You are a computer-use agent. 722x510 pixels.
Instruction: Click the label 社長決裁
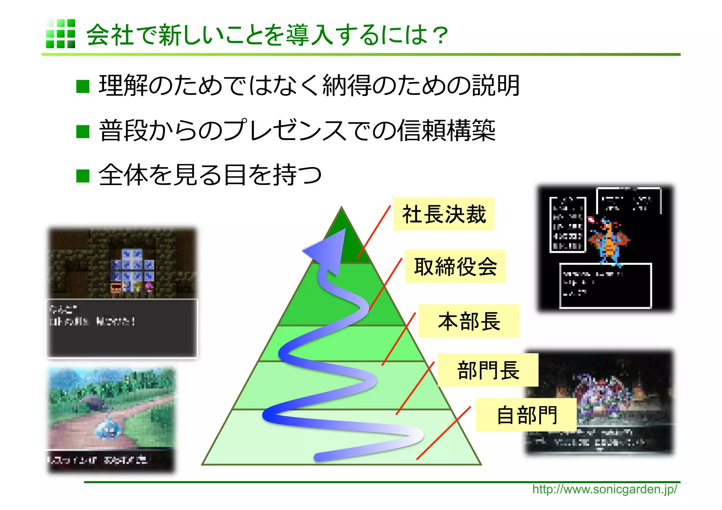click(x=443, y=214)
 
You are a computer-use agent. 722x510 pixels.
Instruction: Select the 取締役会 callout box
click(x=455, y=266)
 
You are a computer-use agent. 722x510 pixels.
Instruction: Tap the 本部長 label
click(x=469, y=321)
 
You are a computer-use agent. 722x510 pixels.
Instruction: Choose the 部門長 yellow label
click(x=488, y=370)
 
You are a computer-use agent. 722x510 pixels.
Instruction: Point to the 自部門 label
click(x=526, y=415)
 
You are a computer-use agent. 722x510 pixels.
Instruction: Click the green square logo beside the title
click(x=60, y=34)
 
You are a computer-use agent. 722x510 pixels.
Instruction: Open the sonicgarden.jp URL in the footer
click(x=604, y=489)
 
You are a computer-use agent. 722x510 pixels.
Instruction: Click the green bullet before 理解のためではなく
click(x=83, y=86)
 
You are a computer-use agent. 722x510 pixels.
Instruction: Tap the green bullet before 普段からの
click(x=83, y=131)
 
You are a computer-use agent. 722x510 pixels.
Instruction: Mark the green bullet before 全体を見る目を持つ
click(x=83, y=176)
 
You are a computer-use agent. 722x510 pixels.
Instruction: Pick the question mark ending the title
click(x=440, y=35)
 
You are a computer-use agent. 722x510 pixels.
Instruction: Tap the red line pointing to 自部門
click(x=443, y=433)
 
